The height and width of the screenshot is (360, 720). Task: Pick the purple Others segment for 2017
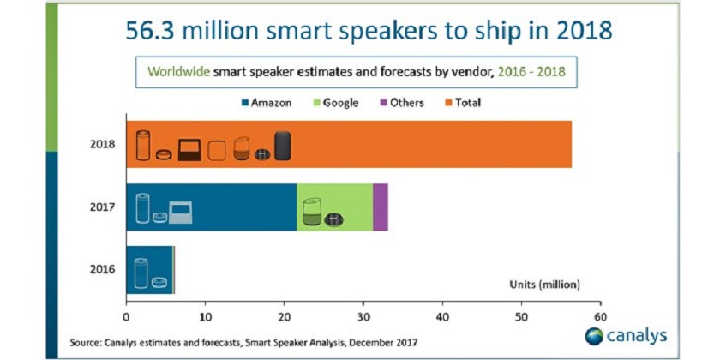(380, 207)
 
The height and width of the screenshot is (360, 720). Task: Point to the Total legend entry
(464, 102)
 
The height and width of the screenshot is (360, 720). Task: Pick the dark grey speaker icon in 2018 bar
(283, 147)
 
